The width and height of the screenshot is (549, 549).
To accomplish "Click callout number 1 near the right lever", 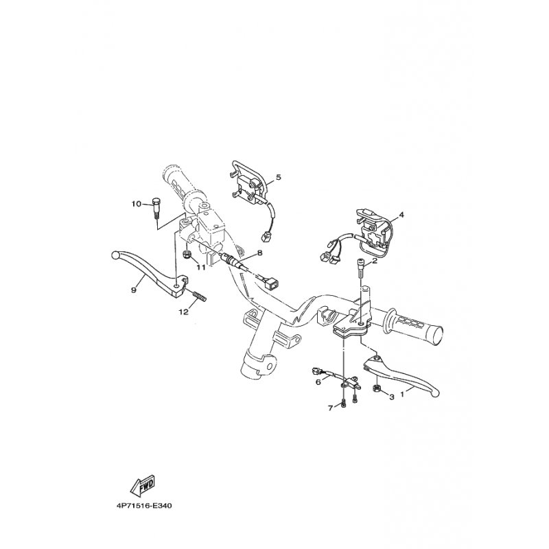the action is tap(402, 394).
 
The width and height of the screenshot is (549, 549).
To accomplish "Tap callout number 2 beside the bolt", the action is tap(374, 261).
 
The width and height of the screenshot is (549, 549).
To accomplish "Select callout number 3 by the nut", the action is tap(392, 397).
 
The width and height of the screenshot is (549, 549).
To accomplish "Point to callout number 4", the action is tap(401, 215).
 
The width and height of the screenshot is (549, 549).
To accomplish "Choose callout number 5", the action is tap(279, 177).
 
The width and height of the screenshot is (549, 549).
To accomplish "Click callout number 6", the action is tap(318, 382).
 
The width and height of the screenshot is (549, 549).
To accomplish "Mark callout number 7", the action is tap(331, 408).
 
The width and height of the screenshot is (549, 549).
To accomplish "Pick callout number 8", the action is tap(259, 253).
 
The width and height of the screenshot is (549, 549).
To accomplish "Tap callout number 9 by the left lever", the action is tap(133, 290).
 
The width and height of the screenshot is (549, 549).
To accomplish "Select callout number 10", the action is tap(137, 204).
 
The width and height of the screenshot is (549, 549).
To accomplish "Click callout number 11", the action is tap(200, 268).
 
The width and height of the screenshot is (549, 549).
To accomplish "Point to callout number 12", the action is tap(184, 312).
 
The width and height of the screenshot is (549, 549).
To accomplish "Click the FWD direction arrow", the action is tap(143, 487).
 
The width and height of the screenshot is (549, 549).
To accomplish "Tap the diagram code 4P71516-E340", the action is tap(144, 506).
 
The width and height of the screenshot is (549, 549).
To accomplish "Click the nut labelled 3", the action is tap(377, 388).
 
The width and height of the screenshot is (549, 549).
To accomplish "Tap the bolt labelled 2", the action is tap(360, 268).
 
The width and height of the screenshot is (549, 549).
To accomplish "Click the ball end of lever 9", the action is tap(115, 255).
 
